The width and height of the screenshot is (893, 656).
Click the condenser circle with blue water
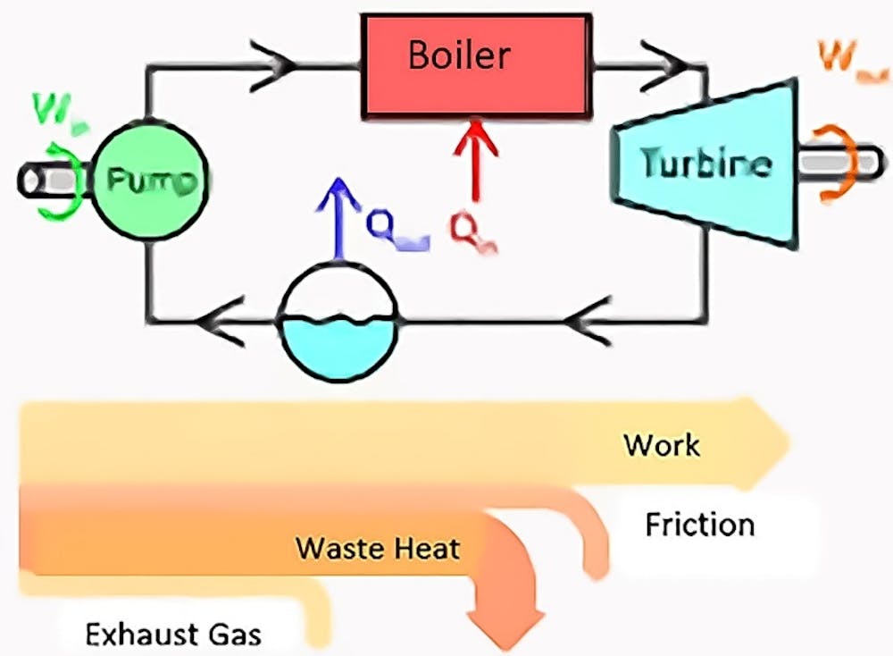click(x=338, y=323)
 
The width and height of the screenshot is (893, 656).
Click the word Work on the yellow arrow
click(x=662, y=444)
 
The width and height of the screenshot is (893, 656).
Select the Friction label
click(x=699, y=524)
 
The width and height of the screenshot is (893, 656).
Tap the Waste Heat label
click(x=378, y=547)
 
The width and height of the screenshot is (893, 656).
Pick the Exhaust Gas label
click(x=173, y=635)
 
